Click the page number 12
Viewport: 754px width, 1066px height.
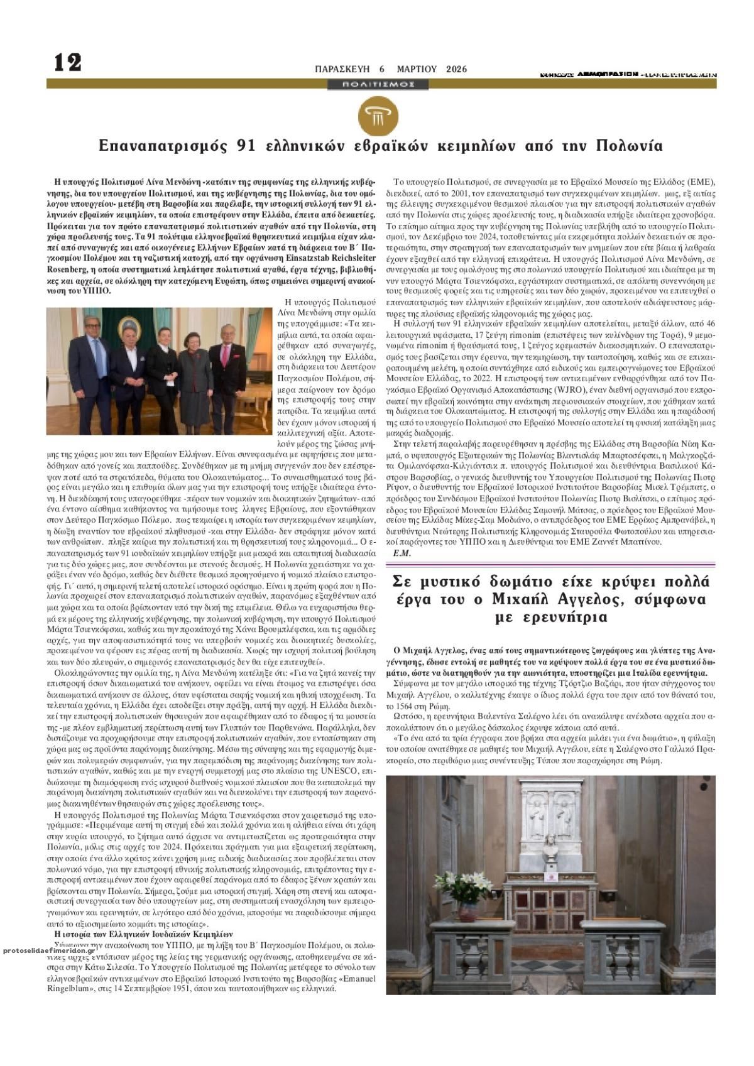68,62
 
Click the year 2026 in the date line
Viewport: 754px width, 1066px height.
457,70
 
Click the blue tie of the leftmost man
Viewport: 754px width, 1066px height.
98,358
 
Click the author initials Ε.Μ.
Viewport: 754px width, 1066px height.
402,553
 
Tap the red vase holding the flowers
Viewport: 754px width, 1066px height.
467,910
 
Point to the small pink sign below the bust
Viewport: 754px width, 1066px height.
552,876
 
